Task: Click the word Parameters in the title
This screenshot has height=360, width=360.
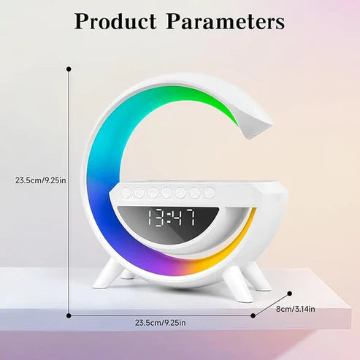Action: tap(226, 22)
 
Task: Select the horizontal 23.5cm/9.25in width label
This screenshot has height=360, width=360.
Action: tap(159, 322)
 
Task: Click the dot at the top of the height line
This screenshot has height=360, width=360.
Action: tap(69, 69)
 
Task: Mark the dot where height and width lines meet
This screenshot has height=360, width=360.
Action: tap(69, 316)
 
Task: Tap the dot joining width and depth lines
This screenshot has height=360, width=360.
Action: tap(253, 316)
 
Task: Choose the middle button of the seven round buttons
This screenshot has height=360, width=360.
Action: tap(167, 193)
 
